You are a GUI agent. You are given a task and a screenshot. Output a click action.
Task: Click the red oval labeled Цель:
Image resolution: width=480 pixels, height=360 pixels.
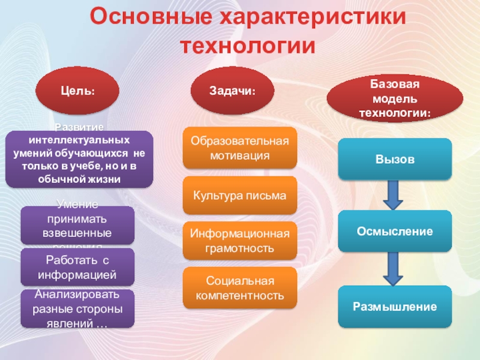click(77, 91)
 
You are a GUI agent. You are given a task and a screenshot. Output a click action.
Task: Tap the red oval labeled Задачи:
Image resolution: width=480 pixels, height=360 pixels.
click(232, 90)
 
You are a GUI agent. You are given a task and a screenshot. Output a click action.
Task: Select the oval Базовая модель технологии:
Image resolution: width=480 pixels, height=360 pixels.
click(394, 98)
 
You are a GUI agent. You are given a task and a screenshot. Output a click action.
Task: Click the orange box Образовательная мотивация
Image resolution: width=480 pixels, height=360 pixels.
click(239, 148)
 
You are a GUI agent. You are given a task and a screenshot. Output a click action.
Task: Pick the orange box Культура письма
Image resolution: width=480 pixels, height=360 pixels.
click(239, 196)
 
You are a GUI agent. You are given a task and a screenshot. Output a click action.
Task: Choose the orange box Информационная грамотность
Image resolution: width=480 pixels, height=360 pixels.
click(239, 241)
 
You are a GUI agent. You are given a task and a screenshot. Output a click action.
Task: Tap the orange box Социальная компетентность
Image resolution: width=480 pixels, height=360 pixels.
click(239, 288)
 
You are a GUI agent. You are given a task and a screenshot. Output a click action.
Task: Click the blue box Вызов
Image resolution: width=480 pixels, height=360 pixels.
click(394, 160)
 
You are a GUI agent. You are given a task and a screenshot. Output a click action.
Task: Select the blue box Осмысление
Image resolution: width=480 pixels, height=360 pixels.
click(394, 231)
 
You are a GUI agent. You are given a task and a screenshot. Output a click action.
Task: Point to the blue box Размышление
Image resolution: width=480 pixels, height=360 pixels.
click(394, 307)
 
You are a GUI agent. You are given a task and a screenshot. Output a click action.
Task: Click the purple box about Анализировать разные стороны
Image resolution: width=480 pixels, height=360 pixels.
click(77, 308)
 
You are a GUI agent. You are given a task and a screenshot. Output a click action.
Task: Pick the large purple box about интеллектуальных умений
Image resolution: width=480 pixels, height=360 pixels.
click(79, 159)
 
